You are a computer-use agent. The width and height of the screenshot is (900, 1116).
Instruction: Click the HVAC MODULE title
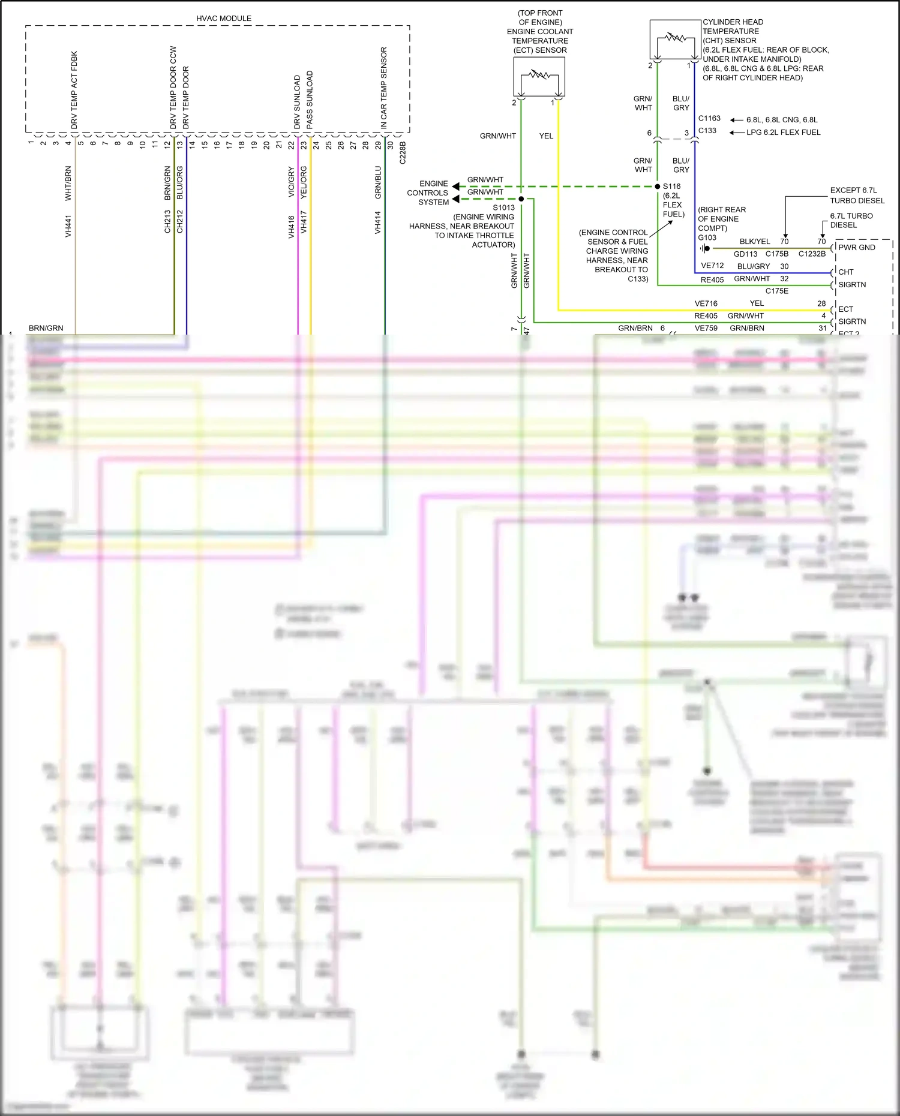point(224,19)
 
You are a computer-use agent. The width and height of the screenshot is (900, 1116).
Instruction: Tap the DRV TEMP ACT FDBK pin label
point(74,90)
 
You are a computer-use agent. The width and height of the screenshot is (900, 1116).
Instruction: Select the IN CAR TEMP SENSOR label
point(384,88)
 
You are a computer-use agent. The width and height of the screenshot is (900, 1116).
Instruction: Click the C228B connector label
point(403,153)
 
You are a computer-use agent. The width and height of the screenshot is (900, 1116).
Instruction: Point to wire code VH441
point(68,226)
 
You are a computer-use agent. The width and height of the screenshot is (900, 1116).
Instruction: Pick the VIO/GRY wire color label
point(292,182)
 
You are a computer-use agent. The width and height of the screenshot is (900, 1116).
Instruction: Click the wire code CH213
point(168,221)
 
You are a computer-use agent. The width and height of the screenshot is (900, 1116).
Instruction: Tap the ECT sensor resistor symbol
point(539,76)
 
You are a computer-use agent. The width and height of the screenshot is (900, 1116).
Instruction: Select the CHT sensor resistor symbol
point(676,38)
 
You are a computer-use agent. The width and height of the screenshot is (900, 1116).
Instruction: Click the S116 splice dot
point(658,186)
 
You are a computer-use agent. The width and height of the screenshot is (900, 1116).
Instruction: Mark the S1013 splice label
point(504,208)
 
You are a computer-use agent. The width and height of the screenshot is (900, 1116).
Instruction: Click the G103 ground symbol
point(704,248)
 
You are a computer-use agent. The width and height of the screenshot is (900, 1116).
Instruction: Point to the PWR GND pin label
point(856,248)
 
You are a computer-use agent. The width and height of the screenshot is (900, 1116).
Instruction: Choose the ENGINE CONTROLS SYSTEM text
point(428,193)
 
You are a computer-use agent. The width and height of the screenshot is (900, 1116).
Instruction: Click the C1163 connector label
point(709,119)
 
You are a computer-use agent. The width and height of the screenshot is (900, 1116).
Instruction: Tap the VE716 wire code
point(706,304)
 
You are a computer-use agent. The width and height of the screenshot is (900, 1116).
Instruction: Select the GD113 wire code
point(745,254)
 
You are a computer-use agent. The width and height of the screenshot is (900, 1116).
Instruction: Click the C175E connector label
point(776,291)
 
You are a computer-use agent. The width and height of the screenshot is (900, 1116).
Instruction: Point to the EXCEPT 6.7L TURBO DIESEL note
point(857,195)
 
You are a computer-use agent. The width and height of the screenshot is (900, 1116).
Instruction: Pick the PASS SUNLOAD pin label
point(310,100)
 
